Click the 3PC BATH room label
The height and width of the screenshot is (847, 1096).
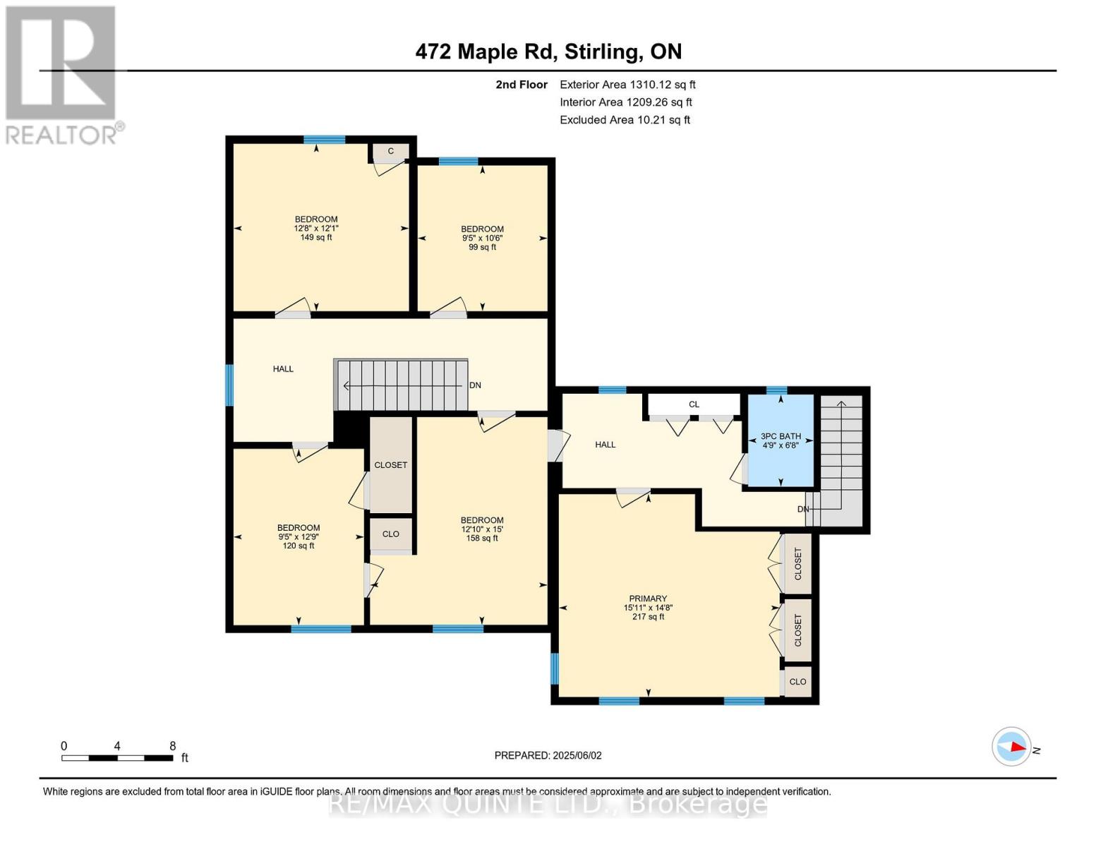781,436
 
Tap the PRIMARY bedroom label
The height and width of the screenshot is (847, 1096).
648,599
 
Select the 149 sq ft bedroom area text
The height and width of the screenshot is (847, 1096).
316,237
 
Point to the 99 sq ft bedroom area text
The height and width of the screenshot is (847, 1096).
482,247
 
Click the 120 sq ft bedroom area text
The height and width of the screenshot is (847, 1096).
299,546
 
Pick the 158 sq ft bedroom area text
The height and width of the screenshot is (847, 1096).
482,539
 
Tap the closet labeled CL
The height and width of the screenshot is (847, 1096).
694,404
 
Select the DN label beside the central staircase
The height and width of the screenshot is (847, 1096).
475,385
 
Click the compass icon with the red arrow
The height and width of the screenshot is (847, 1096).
1011,747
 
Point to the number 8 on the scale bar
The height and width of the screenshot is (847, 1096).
172,746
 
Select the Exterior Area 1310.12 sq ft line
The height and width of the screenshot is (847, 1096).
627,85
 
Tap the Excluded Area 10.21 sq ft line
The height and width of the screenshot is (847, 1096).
625,120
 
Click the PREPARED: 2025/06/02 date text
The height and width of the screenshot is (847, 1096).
548,756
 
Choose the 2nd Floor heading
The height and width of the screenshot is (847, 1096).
522,85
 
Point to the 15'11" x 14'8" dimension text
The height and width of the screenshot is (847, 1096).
648,608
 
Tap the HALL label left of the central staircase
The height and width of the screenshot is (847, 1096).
283,369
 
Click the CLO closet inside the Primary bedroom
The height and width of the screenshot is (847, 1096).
797,682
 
